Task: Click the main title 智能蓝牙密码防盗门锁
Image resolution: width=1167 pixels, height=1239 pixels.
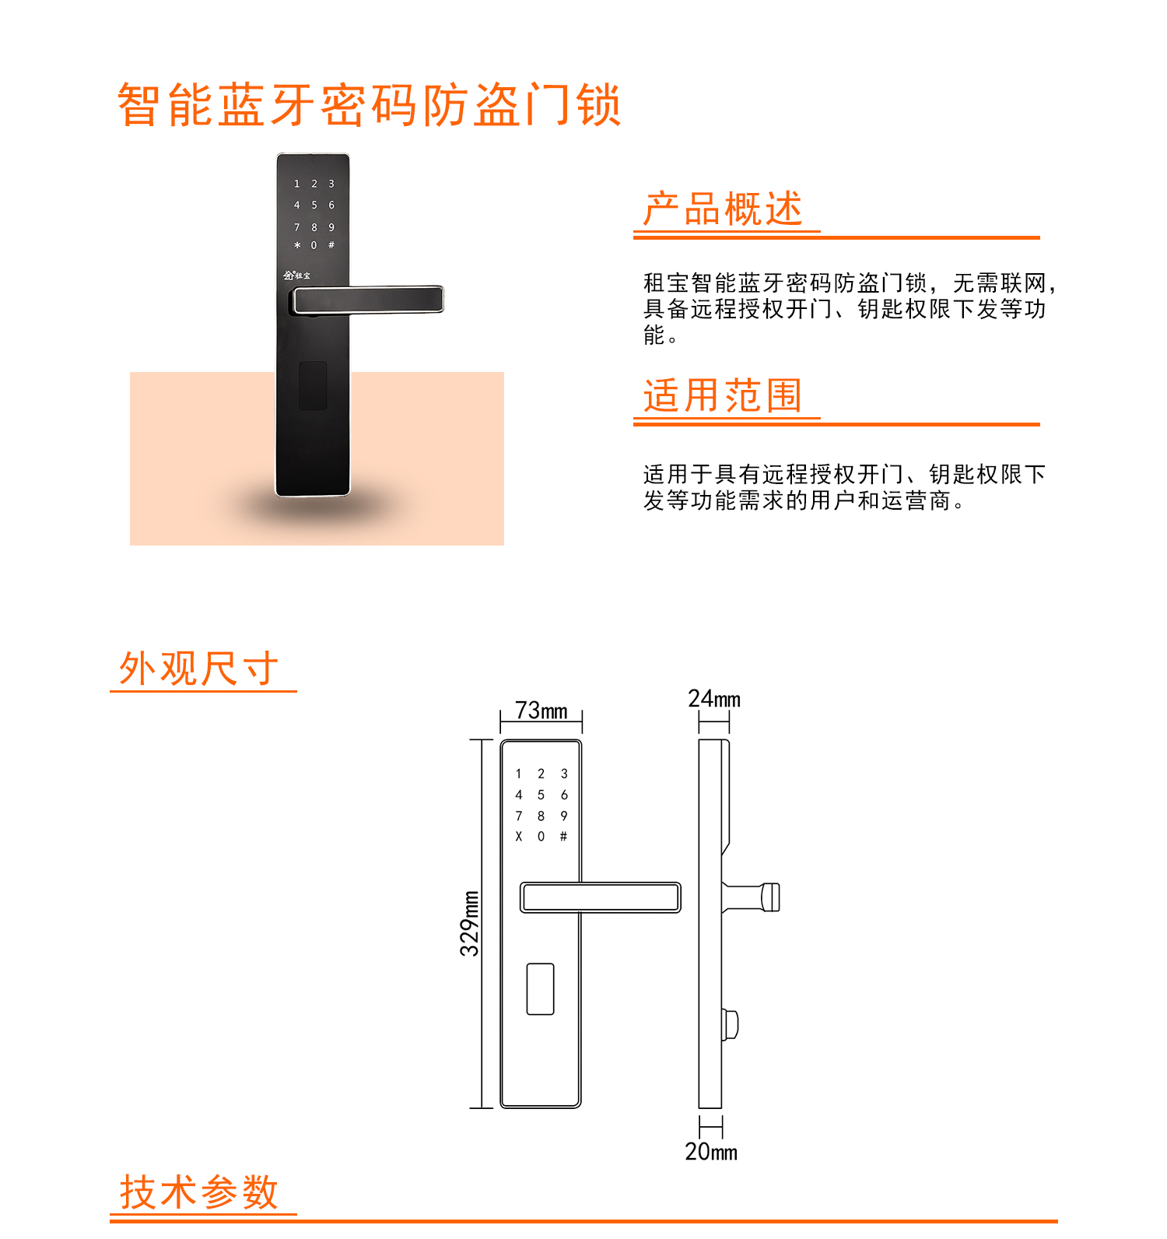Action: pos(369,105)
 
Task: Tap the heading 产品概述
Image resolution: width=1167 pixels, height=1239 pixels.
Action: pos(723,209)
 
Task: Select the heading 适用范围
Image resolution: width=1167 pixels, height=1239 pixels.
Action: pos(723,395)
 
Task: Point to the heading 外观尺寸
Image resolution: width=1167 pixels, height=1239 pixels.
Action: pos(198,669)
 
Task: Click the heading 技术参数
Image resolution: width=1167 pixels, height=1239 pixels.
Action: pos(198,1192)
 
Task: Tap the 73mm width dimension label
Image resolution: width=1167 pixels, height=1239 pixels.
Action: pos(541,711)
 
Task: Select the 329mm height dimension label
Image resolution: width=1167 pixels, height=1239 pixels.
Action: pos(469,923)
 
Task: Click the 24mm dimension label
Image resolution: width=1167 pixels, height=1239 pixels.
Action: pos(714,699)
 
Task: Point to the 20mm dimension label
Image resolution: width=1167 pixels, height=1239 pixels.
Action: pos(711,1152)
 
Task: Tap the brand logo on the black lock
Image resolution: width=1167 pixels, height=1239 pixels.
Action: pos(296,276)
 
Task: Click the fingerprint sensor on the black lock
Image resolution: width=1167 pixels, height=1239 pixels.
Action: pos(313,385)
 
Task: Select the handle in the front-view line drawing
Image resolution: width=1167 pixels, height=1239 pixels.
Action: pos(601,897)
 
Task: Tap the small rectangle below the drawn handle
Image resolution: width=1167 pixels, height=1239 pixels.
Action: pos(541,989)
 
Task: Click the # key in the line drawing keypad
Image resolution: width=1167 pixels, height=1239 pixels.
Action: pos(563,837)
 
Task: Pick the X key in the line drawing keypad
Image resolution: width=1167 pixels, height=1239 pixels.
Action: pos(519,837)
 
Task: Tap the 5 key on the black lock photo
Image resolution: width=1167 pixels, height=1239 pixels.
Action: pos(314,205)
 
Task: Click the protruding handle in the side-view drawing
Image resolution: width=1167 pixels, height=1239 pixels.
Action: pos(751,897)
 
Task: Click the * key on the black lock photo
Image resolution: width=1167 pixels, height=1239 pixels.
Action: pos(297,245)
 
